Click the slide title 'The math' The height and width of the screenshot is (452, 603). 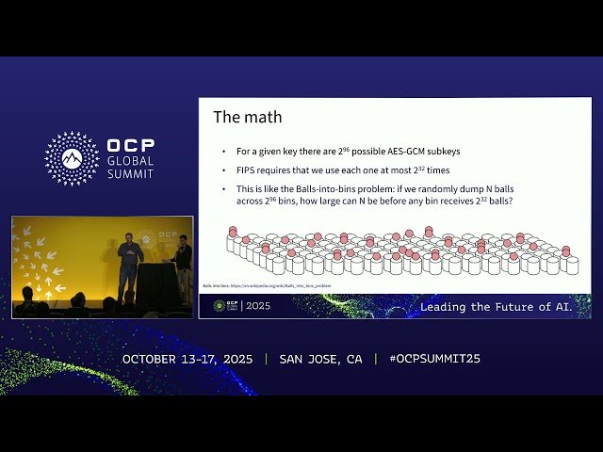pos(247,118)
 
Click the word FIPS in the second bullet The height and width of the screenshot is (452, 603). pos(247,170)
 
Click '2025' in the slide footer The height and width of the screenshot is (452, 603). pos(257,306)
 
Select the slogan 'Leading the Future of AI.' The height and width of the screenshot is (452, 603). pos(496,307)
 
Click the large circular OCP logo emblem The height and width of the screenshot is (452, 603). pos(72,158)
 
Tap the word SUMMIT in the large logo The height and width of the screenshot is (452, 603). pos(130,173)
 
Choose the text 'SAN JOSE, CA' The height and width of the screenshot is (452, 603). pos(320,360)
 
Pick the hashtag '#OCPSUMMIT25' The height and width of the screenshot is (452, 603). pos(428,360)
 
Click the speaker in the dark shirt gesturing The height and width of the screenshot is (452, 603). pos(129,264)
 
